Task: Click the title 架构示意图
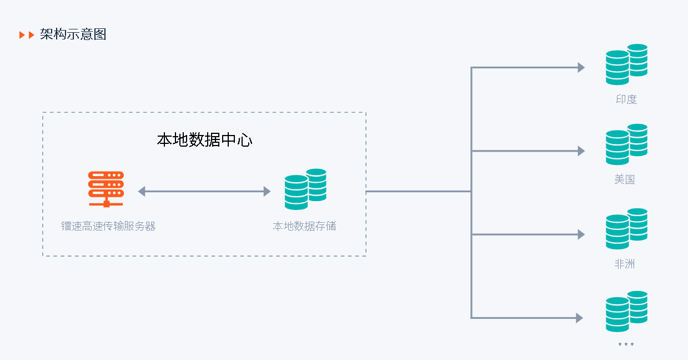pos(73,34)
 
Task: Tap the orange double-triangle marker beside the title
pos(27,35)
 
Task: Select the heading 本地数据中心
pos(204,140)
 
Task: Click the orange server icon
pos(106,189)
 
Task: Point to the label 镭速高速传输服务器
pos(108,226)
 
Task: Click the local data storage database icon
pos(305,189)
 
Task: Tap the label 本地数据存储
pos(304,226)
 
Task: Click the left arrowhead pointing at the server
pos(142,191)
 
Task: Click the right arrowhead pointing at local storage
pos(267,191)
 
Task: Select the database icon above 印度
pos(626,64)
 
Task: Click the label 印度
pos(626,99)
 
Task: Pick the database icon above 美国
pos(626,144)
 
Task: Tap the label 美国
pos(625,179)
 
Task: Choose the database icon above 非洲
pos(626,229)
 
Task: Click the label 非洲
pos(625,264)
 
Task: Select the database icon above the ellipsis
pos(626,312)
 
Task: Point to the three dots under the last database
pos(626,344)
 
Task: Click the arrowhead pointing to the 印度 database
pos(581,68)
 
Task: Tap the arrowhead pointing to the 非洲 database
pos(581,234)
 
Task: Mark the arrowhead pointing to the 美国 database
pos(581,151)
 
